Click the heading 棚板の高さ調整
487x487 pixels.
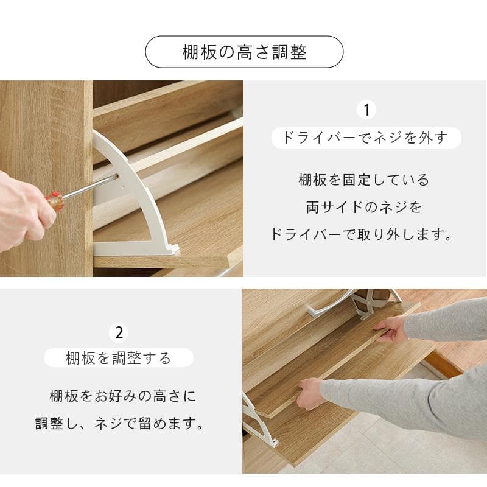[244, 52]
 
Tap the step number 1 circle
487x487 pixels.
[366, 110]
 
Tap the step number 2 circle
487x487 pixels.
[119, 332]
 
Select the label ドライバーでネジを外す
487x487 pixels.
[366, 138]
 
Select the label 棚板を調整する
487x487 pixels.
[119, 358]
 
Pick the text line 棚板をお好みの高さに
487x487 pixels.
[123, 396]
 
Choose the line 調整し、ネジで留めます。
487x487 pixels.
[120, 424]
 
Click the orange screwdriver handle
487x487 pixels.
[55, 199]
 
